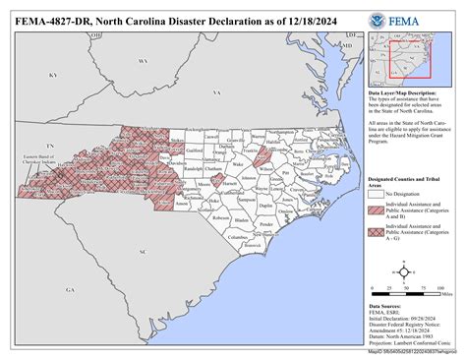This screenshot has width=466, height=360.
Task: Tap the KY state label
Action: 56,75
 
